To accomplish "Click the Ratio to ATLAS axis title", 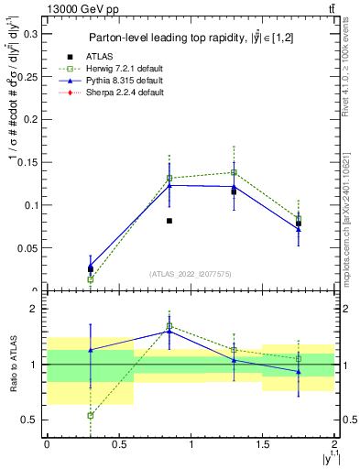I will pyautogui.click(x=13, y=364).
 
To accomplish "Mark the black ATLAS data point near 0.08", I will pyautogui.click(x=169, y=221).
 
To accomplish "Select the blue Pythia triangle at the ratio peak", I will pyautogui.click(x=169, y=330).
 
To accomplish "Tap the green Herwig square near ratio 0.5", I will pyautogui.click(x=91, y=415).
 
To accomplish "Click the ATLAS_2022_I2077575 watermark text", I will pyautogui.click(x=190, y=273).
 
